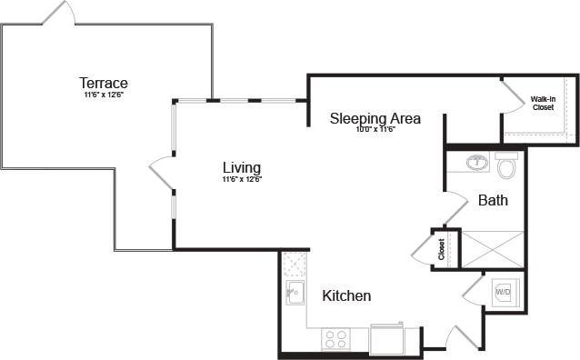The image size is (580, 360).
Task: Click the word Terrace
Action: (103, 83)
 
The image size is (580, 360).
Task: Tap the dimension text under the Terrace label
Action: (103, 95)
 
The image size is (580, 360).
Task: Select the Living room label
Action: (242, 167)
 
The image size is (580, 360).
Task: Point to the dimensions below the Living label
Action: (242, 179)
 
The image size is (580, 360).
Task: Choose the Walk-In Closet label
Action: (543, 103)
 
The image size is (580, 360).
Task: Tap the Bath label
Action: (493, 200)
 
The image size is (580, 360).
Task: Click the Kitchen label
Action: (346, 295)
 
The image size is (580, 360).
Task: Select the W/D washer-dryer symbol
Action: (504, 293)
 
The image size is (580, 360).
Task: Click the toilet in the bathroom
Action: (506, 165)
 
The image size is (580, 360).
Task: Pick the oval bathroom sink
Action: (476, 164)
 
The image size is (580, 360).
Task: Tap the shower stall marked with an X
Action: (493, 249)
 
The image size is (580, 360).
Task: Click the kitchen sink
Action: (295, 293)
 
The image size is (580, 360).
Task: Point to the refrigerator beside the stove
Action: (386, 340)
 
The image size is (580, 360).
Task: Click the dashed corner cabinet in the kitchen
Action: (294, 264)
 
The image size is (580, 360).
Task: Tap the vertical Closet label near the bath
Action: (442, 247)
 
